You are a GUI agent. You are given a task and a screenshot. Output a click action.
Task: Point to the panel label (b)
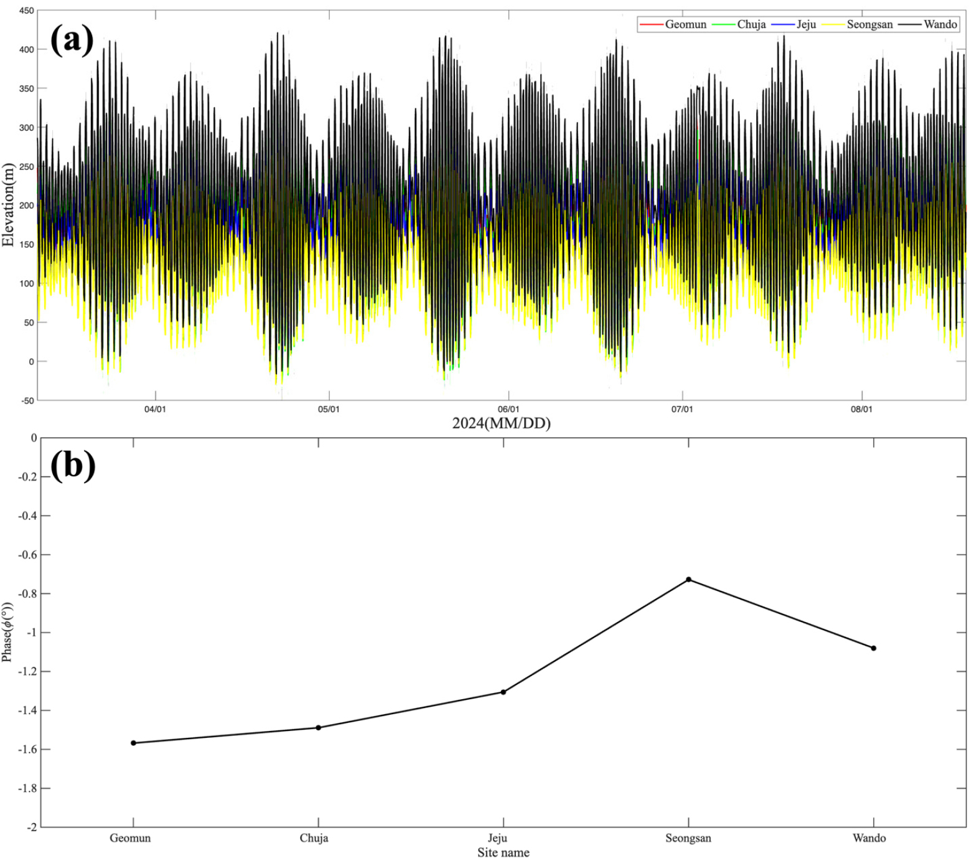(73, 465)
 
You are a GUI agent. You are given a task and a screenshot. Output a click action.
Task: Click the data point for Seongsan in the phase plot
(688, 580)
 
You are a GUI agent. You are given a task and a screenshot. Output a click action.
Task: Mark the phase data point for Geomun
(133, 743)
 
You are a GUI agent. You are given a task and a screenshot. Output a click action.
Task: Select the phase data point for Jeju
(503, 692)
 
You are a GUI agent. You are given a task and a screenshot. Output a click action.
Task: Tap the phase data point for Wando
(874, 648)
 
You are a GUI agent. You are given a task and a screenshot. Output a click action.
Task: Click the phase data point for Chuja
(319, 728)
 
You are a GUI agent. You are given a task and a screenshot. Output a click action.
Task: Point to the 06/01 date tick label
(508, 410)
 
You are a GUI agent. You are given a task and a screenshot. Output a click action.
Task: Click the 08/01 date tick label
(862, 410)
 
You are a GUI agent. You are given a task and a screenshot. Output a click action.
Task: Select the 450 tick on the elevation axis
(26, 11)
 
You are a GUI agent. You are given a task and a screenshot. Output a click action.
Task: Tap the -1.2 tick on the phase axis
(26, 672)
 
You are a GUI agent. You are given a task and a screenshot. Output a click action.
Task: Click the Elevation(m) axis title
(8, 205)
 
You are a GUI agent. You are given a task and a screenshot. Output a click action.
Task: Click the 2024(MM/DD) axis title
(501, 424)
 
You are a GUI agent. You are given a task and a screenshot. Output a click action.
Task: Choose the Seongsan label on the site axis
(688, 838)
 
